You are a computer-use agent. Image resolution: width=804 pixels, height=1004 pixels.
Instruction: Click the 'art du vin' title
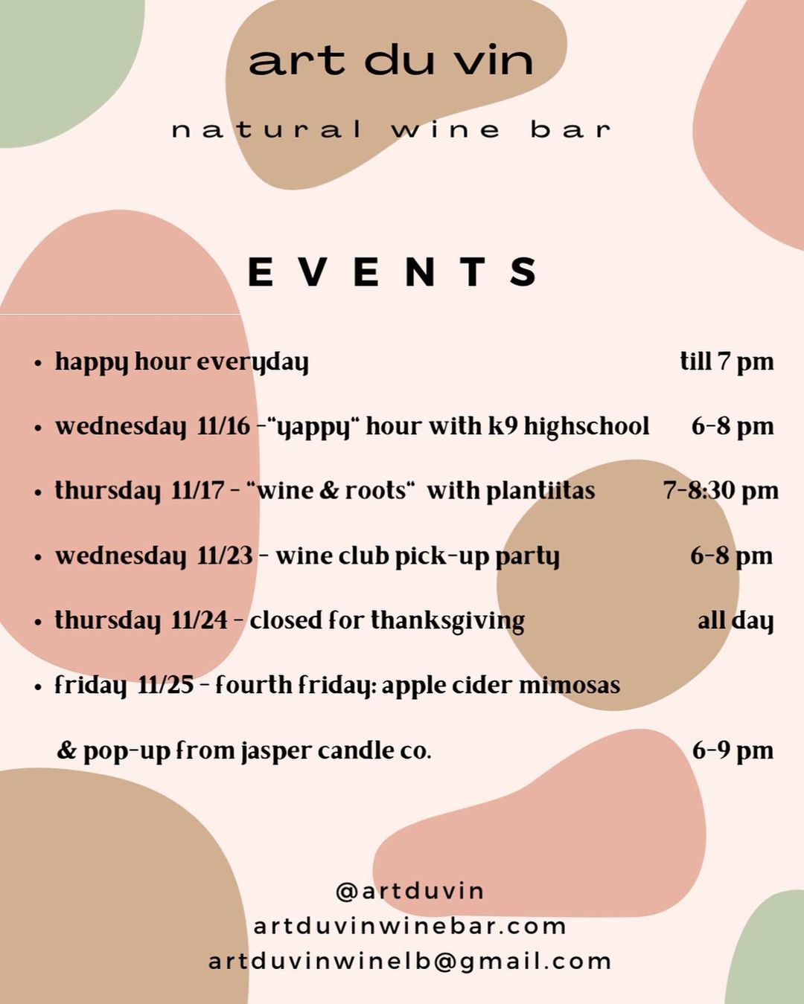click(x=391, y=61)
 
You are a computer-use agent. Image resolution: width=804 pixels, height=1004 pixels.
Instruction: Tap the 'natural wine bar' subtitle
click(x=392, y=129)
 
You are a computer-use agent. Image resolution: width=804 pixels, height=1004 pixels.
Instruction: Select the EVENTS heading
click(x=392, y=271)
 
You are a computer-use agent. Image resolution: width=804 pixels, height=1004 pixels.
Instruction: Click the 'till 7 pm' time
click(x=727, y=362)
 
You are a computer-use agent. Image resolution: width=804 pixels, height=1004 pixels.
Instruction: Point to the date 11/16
click(x=223, y=426)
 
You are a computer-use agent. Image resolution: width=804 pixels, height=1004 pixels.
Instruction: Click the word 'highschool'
click(x=587, y=425)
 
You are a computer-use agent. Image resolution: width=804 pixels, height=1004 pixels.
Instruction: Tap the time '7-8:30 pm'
click(x=721, y=490)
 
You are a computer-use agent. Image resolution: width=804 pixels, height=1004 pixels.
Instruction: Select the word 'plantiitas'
click(x=540, y=490)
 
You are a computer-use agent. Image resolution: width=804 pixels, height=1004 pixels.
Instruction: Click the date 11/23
click(x=225, y=556)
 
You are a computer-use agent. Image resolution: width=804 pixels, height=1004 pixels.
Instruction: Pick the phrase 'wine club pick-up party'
click(x=417, y=556)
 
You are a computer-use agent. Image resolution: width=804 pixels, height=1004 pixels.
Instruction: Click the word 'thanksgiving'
click(x=447, y=621)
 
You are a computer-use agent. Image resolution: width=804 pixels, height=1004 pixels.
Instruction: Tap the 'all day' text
click(x=736, y=621)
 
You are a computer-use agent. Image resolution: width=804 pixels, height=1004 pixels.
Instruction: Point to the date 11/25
click(x=165, y=686)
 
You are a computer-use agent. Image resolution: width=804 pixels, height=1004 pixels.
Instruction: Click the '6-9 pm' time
click(x=733, y=750)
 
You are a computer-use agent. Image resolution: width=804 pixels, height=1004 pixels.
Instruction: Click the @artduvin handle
click(x=409, y=891)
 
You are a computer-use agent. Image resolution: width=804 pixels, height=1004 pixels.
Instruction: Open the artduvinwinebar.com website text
click(x=409, y=926)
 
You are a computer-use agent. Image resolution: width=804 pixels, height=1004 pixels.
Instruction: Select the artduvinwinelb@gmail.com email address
click(x=409, y=962)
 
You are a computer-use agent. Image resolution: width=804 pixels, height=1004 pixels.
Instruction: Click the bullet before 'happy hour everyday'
click(x=38, y=363)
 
